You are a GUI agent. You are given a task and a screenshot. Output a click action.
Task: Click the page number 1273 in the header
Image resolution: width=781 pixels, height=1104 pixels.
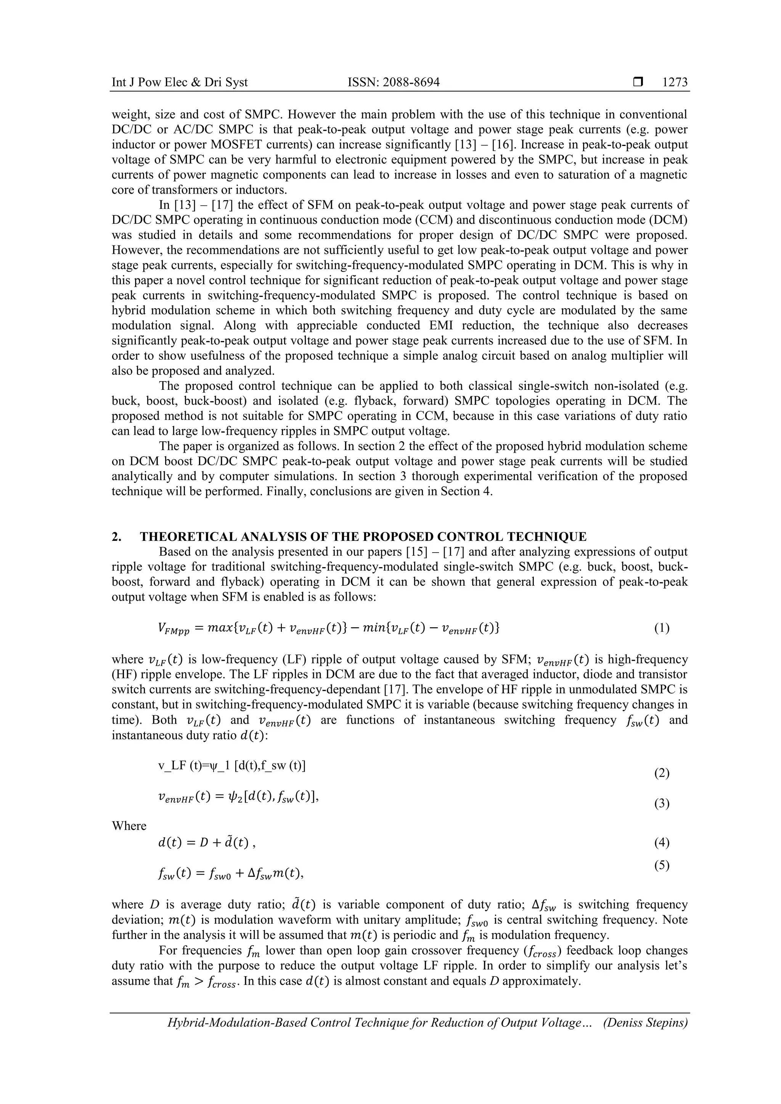675,82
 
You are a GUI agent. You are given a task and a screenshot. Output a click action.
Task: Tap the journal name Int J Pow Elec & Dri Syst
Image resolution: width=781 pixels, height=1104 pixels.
180,82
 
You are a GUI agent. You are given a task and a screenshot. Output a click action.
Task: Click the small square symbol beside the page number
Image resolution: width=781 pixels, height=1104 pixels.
638,82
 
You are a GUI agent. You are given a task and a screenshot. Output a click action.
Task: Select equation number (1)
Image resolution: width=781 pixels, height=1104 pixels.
662,628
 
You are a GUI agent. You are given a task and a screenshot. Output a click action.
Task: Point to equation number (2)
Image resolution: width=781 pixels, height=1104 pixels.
662,773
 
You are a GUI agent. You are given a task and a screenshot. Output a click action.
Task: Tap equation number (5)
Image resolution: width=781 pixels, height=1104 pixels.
662,865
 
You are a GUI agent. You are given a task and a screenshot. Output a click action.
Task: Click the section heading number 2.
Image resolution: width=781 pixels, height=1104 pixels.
116,537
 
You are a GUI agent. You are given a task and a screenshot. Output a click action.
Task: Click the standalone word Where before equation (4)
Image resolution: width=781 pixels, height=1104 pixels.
129,826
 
